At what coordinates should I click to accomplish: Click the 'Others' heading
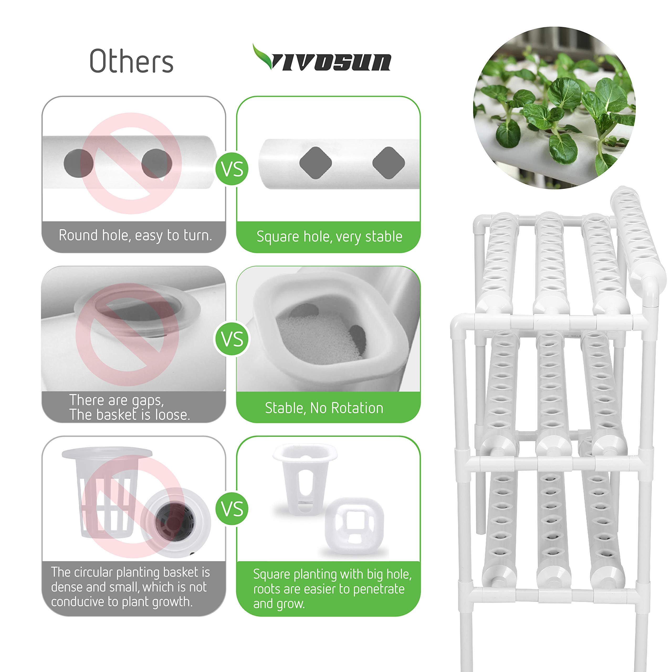(x=132, y=61)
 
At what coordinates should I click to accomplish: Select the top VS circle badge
(x=232, y=169)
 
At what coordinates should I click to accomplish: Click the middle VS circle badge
(x=232, y=339)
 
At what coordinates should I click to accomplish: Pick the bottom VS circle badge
(x=232, y=509)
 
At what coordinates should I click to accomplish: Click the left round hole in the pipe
(x=78, y=163)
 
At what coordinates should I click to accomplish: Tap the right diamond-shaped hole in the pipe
(x=388, y=163)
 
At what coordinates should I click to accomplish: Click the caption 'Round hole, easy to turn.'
(x=135, y=235)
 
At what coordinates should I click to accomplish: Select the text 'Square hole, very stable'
(x=329, y=237)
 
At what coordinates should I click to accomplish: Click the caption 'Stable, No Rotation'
(x=324, y=408)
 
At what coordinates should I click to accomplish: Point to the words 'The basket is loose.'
(x=129, y=414)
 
